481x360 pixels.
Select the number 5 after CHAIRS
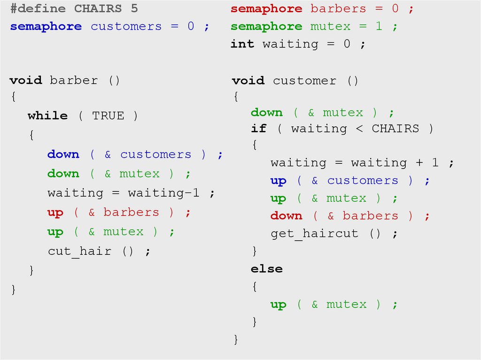tap(134, 8)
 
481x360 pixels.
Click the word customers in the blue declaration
tap(126, 26)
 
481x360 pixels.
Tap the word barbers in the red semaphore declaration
tap(338, 8)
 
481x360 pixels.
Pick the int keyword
tap(242, 44)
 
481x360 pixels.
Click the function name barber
tap(74, 80)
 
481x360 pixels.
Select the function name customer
tap(305, 81)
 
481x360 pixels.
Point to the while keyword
tap(47, 116)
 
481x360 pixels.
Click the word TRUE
tap(108, 116)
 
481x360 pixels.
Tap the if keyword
tap(259, 129)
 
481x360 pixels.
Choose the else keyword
tap(267, 269)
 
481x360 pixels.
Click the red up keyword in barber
tap(55, 213)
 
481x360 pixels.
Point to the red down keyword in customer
tap(287, 216)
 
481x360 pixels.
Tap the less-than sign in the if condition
tap(359, 129)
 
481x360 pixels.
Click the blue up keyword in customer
tap(279, 181)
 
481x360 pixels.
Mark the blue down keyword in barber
tap(63, 154)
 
